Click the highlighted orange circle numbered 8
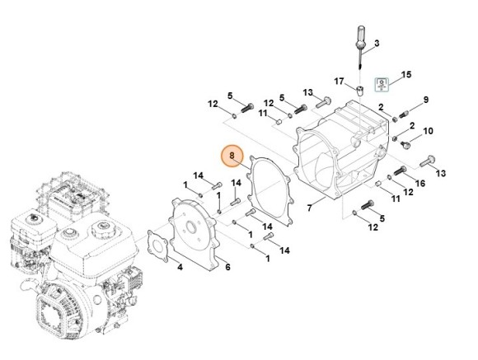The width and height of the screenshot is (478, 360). (x=232, y=155)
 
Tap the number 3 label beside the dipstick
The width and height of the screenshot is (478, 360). (x=376, y=42)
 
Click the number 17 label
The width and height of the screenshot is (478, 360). (x=339, y=81)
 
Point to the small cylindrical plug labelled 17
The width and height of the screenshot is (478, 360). (x=360, y=86)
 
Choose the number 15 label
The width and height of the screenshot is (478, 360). (x=405, y=75)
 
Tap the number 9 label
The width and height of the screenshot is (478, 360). (x=426, y=100)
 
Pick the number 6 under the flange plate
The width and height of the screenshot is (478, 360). (x=227, y=266)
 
